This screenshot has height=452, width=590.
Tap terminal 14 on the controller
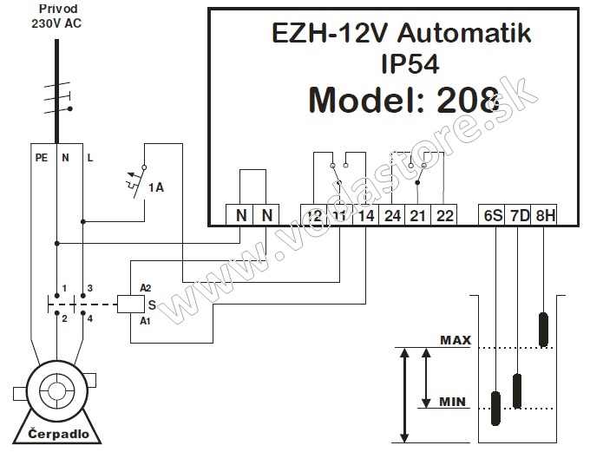click(365, 215)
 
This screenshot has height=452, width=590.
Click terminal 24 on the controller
click(392, 215)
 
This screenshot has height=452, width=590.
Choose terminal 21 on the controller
click(418, 215)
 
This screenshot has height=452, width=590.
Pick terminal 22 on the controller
click(444, 215)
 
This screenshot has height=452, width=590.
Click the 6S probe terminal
click(493, 215)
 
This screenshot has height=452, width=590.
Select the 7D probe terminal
click(519, 215)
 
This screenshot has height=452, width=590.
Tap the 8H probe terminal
click(545, 215)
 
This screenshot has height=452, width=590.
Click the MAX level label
click(454, 340)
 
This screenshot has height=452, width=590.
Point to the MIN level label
click(454, 402)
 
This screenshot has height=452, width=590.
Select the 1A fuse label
click(156, 187)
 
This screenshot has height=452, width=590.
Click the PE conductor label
click(40, 159)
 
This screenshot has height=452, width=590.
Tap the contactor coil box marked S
click(129, 304)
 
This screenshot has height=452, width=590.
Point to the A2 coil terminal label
click(146, 287)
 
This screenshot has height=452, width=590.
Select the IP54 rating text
click(410, 64)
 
